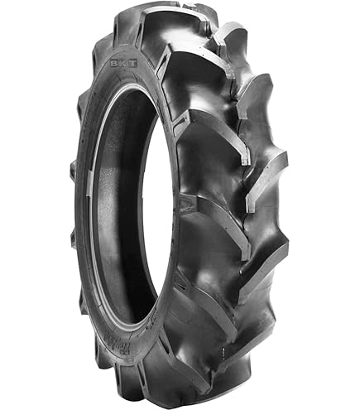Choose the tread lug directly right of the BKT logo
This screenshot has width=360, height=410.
[178, 58]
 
